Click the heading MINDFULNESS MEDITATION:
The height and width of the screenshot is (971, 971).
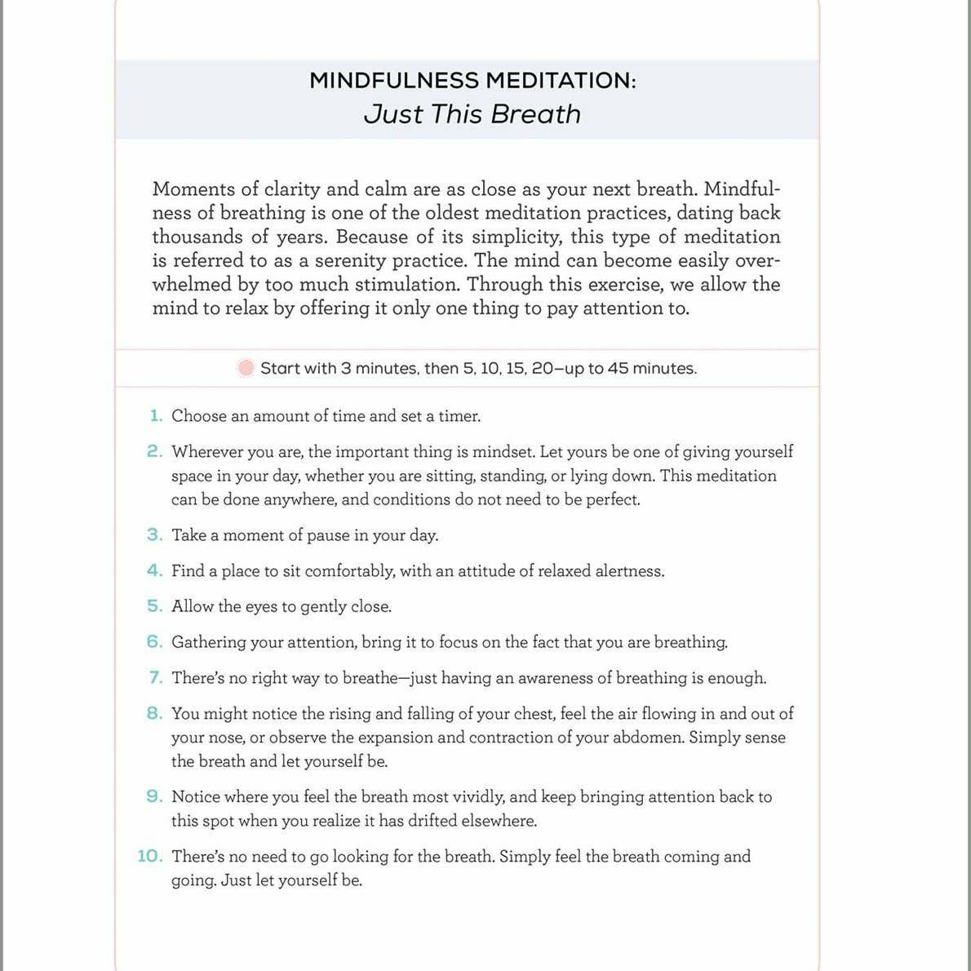[x=472, y=81]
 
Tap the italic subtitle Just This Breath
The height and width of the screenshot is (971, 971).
[x=472, y=114]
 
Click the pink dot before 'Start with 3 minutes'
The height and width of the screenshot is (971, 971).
[x=245, y=368]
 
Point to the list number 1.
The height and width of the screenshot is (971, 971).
[x=156, y=416]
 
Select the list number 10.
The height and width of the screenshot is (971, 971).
[x=150, y=857]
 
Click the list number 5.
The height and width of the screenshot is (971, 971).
[x=155, y=606]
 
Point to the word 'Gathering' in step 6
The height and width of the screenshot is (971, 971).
[x=209, y=643]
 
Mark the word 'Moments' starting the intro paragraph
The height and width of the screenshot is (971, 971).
[x=193, y=189]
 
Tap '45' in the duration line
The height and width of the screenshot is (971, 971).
[x=618, y=368]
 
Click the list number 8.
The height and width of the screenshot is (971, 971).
[x=155, y=714]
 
